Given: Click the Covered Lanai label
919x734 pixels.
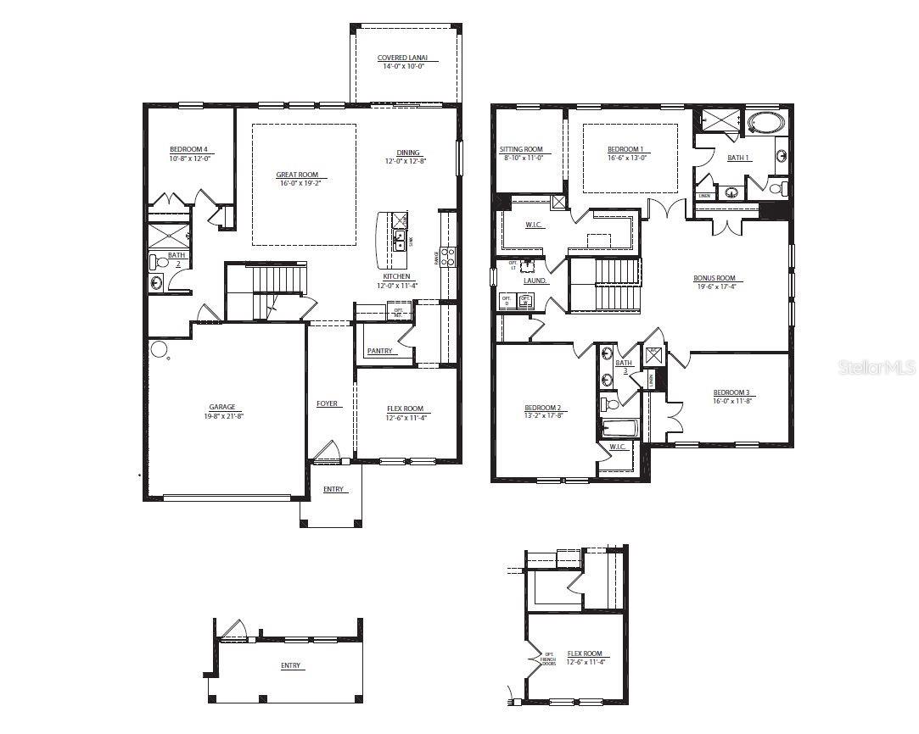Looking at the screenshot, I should [x=402, y=58].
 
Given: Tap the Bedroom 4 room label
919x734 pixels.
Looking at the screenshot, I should [x=188, y=149].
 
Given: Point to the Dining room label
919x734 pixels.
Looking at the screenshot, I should [x=408, y=153].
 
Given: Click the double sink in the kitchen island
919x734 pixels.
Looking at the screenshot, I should [x=399, y=240].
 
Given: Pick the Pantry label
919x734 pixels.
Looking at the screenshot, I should [x=379, y=351].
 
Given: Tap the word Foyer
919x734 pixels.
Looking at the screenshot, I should [x=328, y=403].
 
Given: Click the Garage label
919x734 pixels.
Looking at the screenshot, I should [x=222, y=407].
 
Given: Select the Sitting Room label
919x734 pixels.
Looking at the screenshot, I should [x=521, y=149].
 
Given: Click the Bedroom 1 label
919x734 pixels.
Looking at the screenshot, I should [x=625, y=149].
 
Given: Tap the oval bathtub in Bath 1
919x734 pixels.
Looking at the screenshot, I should [x=767, y=124].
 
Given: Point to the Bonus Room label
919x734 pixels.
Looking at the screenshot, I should [x=714, y=278].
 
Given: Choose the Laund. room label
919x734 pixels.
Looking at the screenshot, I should [x=535, y=281].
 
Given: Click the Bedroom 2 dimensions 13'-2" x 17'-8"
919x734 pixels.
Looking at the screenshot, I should [x=542, y=416].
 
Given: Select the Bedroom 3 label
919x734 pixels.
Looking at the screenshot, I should [x=731, y=392].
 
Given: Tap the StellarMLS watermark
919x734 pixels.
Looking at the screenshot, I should [x=877, y=368].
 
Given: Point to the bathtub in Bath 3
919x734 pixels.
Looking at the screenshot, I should [x=614, y=427].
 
